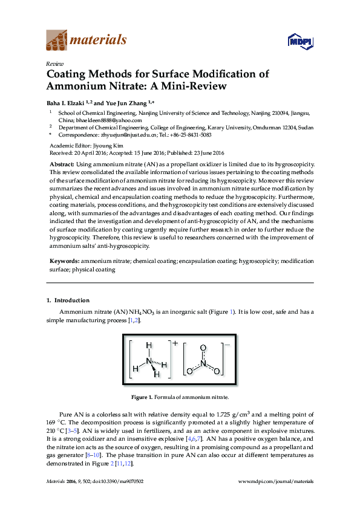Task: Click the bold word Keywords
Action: click(x=64, y=261)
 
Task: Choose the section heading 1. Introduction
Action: click(x=68, y=300)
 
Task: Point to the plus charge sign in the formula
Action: click(x=175, y=343)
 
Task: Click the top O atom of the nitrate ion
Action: click(x=203, y=348)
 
